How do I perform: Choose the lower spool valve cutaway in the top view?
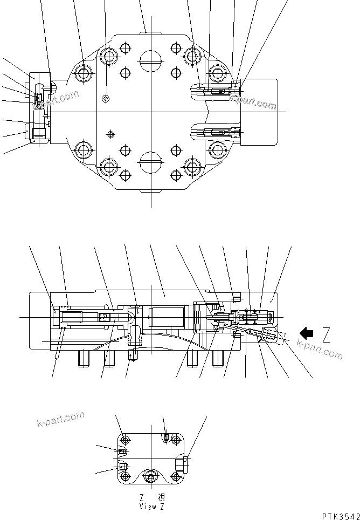tap(216, 132)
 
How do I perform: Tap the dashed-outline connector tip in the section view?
tap(277, 339)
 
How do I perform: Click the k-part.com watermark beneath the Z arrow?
tap(320, 351)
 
